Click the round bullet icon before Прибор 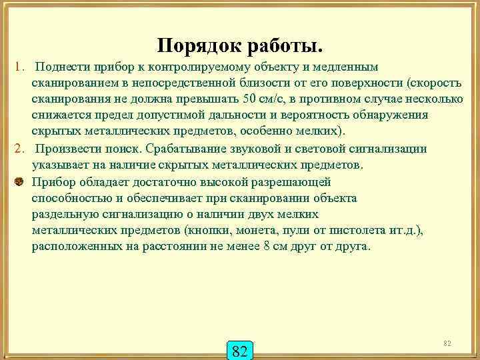click(x=19, y=181)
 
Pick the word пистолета click(x=377, y=230)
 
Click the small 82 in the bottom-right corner click(x=447, y=343)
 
